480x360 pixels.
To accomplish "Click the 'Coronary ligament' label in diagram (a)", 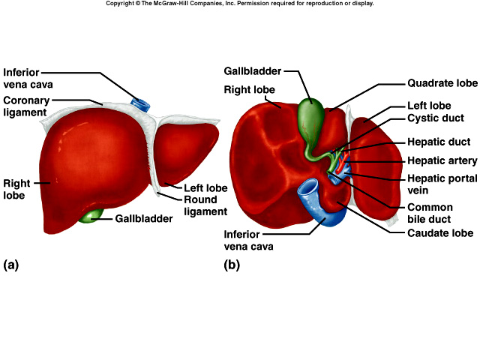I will (x=27, y=106).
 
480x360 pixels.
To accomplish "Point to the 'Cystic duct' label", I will (x=436, y=118).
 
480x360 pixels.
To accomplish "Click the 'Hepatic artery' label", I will (x=442, y=160).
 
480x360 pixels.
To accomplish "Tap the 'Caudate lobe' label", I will (x=440, y=233).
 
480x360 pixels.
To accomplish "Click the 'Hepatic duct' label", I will (x=439, y=142).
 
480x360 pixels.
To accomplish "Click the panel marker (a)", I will (x=10, y=264).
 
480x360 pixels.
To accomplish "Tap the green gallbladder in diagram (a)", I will (x=91, y=216).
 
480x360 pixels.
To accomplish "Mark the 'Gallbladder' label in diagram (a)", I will (x=144, y=219).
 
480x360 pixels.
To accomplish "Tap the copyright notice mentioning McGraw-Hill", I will (x=239, y=4).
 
